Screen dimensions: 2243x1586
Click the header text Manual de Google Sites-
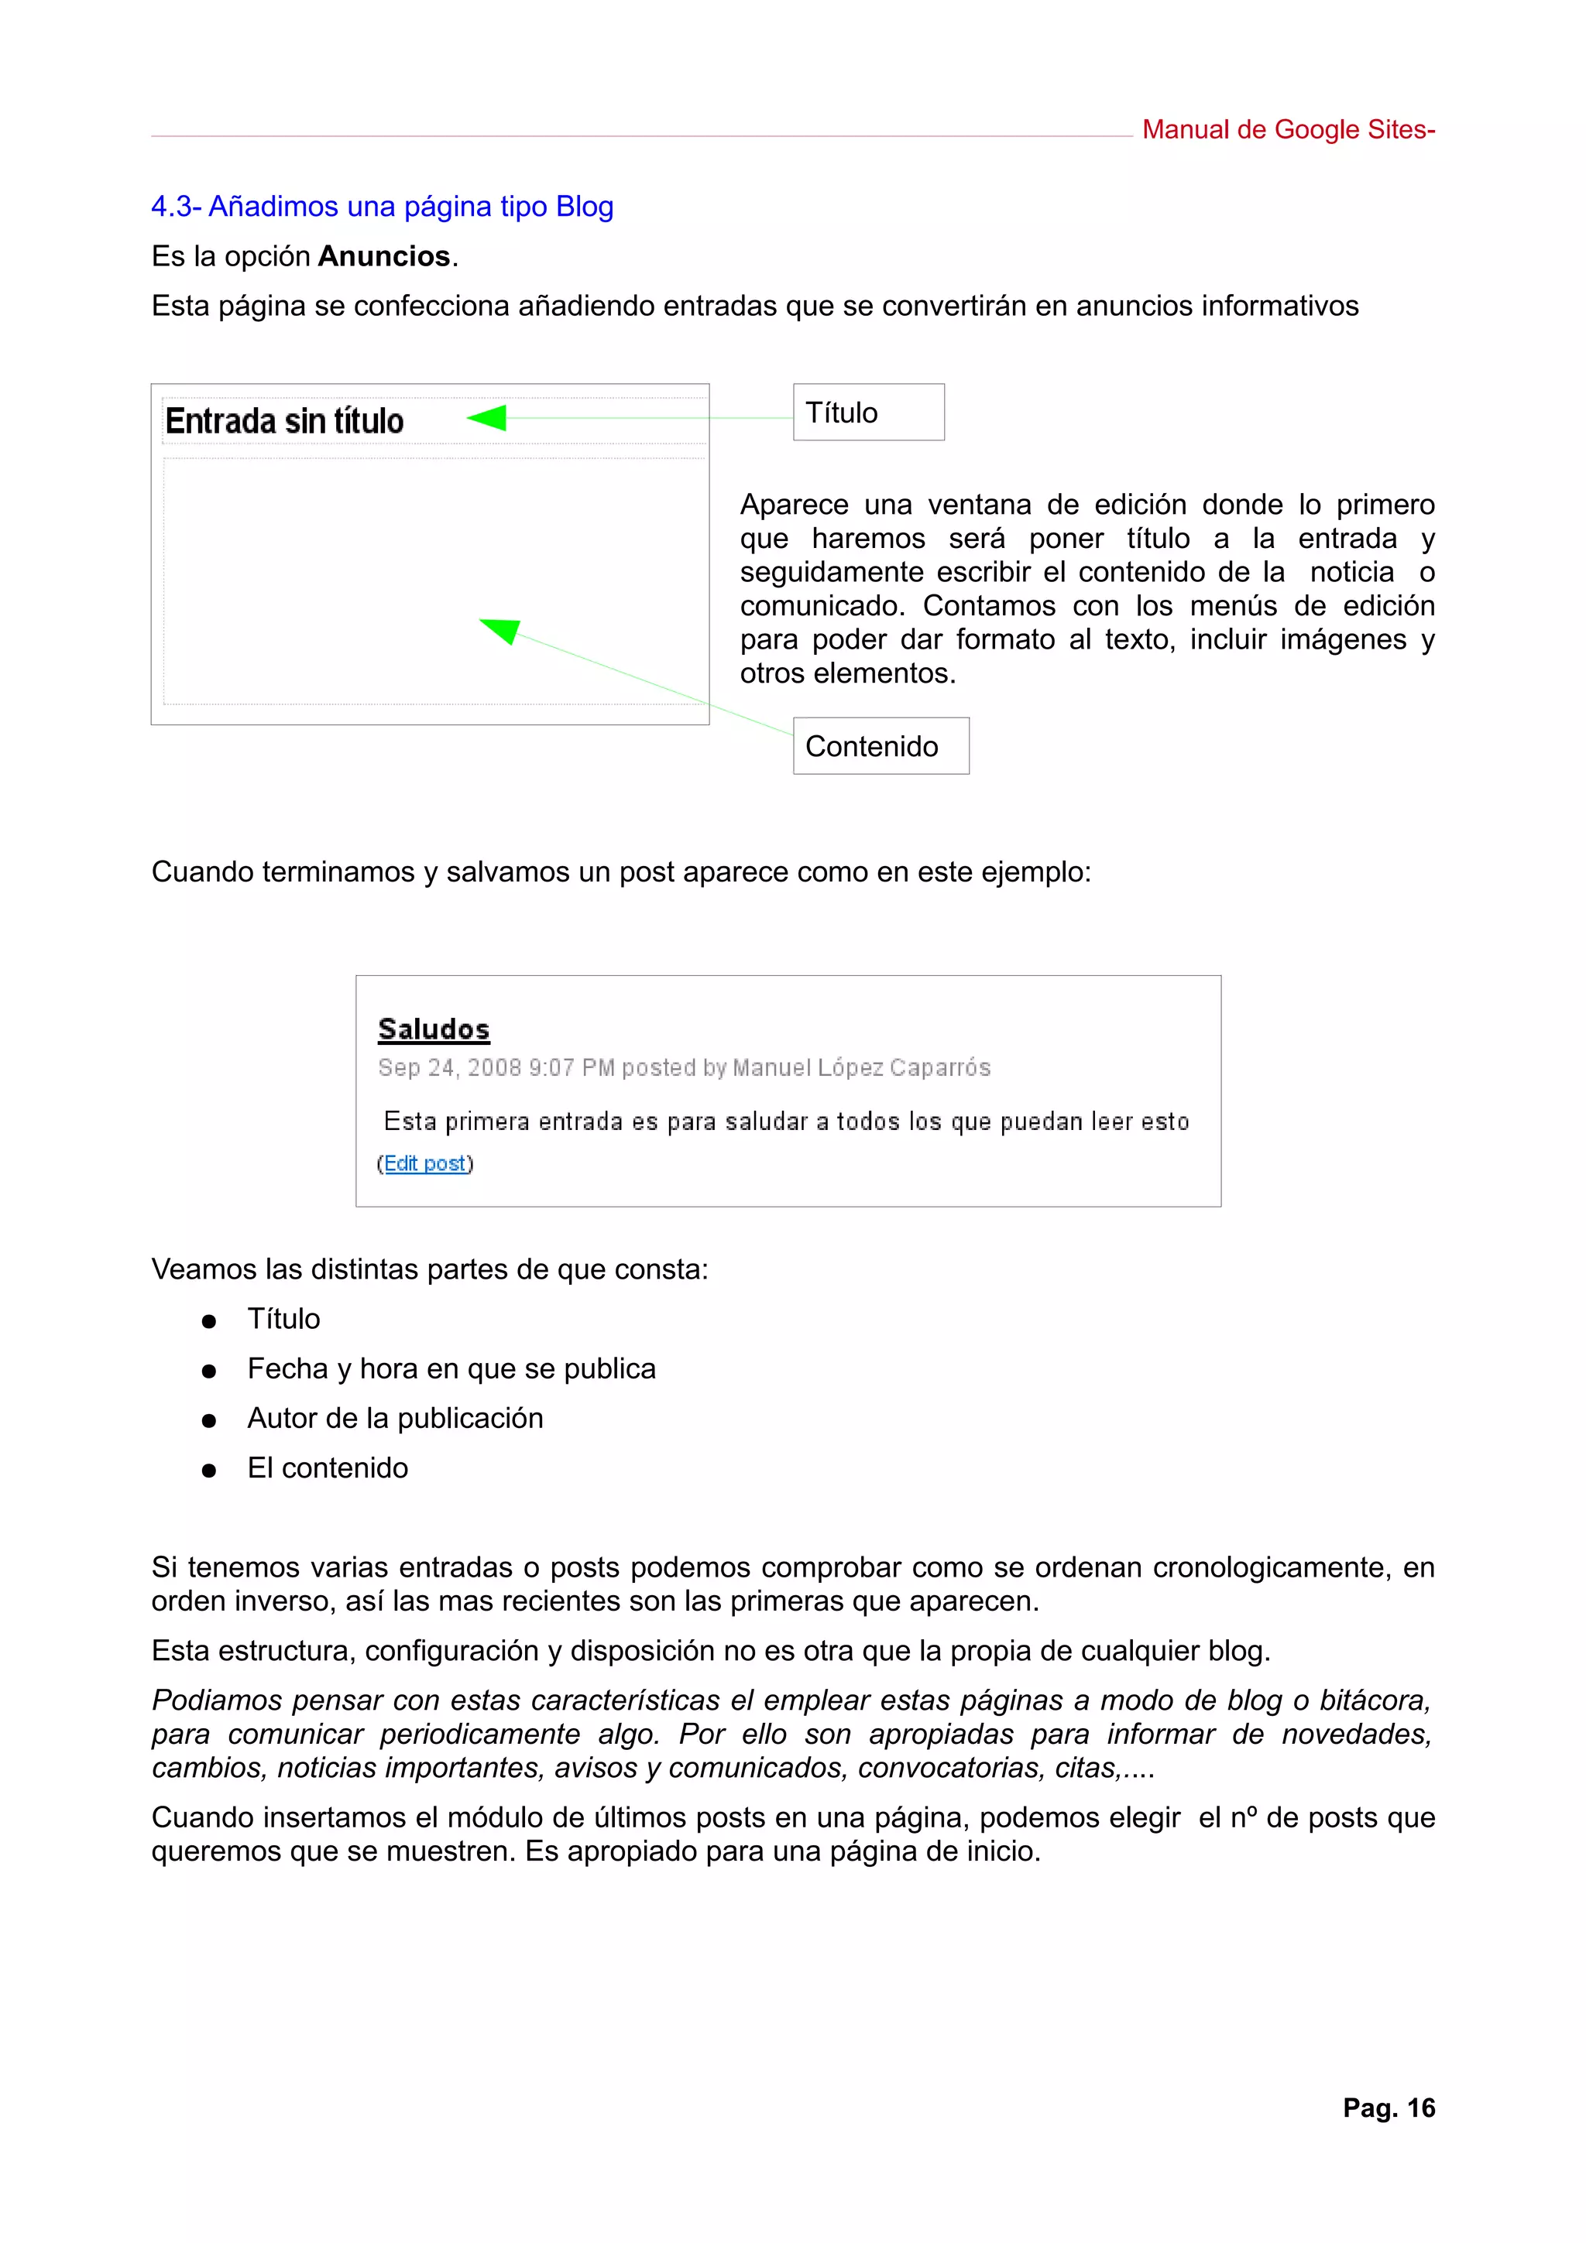point(1287,130)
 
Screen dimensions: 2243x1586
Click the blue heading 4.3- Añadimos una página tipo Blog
point(382,207)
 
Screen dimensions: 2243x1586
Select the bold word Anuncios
point(384,257)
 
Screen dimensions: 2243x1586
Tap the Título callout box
point(868,413)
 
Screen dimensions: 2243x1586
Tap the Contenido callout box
point(880,746)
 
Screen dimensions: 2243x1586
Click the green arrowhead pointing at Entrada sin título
point(488,418)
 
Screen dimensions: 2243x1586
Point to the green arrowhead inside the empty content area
point(501,630)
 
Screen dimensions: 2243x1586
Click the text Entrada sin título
point(284,422)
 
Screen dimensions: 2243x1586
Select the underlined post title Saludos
point(434,1029)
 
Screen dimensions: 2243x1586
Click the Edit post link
point(424,1163)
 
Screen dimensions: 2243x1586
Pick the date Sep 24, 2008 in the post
point(449,1068)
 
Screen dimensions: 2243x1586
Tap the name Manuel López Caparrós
point(861,1068)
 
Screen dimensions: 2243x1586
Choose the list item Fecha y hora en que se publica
point(451,1368)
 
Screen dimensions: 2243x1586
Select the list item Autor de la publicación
point(395,1419)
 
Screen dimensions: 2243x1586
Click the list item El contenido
point(328,1468)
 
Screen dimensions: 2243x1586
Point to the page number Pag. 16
point(1388,2108)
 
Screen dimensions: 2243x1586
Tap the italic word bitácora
point(1374,1700)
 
